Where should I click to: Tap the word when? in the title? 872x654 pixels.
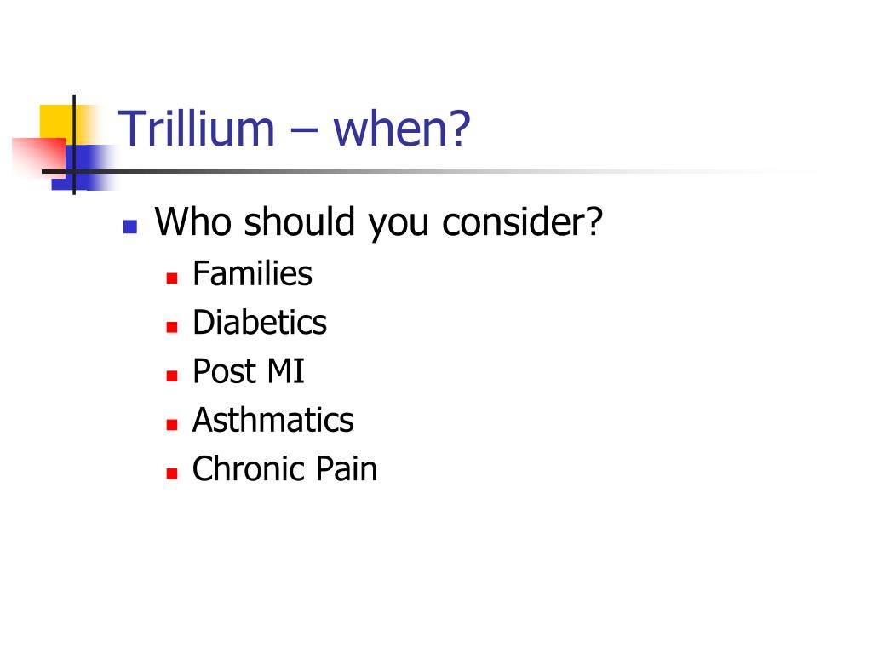tap(402, 129)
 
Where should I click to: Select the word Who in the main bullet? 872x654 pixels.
tap(193, 222)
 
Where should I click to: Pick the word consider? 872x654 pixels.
tap(523, 222)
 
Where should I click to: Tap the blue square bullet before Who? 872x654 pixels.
tap(130, 227)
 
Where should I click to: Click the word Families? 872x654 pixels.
tap(252, 274)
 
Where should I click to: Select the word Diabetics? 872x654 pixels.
tap(260, 323)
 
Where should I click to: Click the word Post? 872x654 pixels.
tap(224, 372)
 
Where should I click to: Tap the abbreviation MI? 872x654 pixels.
tap(285, 372)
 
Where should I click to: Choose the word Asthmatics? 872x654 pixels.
tap(272, 421)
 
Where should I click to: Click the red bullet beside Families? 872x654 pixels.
tap(171, 278)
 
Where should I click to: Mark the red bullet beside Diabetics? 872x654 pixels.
tap(171, 327)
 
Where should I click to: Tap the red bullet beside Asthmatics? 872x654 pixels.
tap(171, 424)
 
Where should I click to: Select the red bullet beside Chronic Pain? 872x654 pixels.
tap(171, 473)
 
